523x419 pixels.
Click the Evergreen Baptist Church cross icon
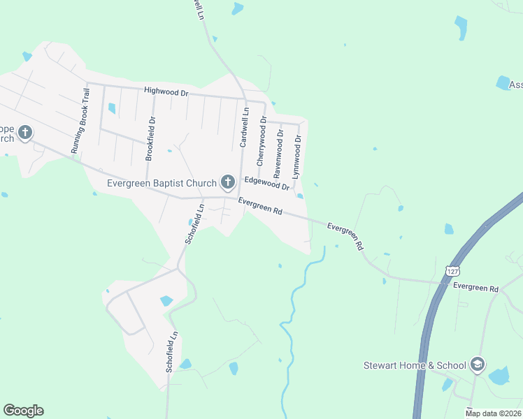tap(227, 183)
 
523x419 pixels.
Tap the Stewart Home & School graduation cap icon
tap(478, 365)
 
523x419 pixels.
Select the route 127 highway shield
tap(452, 270)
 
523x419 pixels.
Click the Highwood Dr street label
tap(166, 91)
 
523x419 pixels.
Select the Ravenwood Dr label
tap(278, 152)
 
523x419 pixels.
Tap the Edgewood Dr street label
tap(266, 183)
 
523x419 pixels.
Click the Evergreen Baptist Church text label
tap(162, 184)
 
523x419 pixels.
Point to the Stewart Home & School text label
tap(415, 365)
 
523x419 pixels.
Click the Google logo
tap(23, 411)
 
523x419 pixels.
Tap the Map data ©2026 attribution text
tap(492, 413)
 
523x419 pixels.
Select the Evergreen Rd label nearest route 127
tap(475, 288)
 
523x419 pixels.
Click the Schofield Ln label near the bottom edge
tap(169, 351)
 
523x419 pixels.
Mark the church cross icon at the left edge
tap(25, 132)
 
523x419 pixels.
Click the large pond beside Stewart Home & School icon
tap(499, 376)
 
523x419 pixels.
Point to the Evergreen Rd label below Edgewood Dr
tap(259, 207)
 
